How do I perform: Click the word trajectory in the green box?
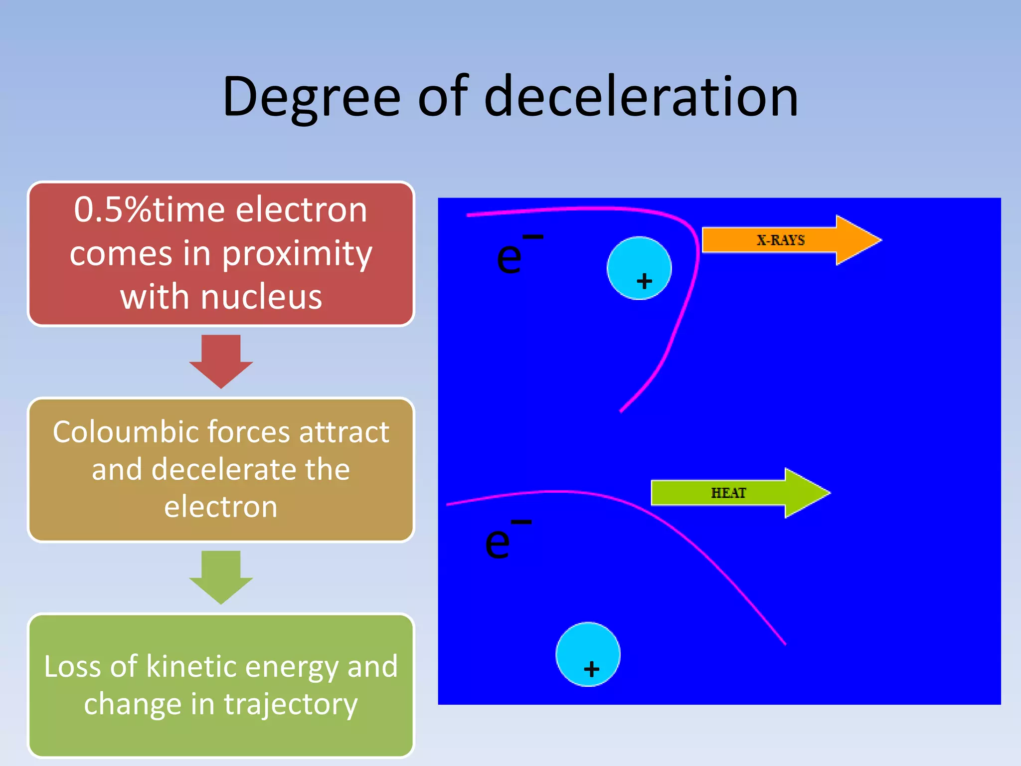pyautogui.click(x=291, y=705)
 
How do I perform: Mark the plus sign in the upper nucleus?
pyautogui.click(x=645, y=281)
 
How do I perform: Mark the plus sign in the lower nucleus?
pyautogui.click(x=592, y=669)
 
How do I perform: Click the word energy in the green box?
pyautogui.click(x=292, y=666)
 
